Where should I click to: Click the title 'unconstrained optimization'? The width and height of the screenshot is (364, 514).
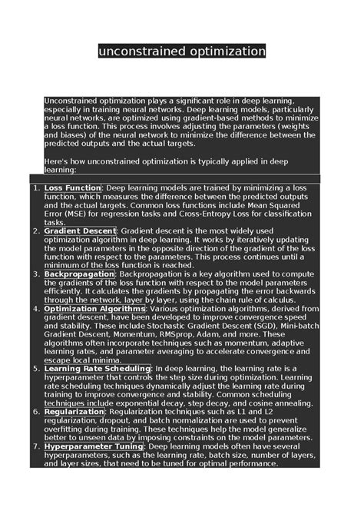pyautogui.click(x=182, y=51)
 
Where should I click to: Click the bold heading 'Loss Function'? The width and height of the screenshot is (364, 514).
pyautogui.click(x=72, y=187)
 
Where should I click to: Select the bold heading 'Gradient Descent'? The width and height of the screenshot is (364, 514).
pyautogui.click(x=80, y=230)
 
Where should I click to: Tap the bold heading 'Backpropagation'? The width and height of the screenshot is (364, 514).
pyautogui.click(x=80, y=274)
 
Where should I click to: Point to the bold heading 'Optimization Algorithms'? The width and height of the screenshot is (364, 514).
pyautogui.click(x=94, y=308)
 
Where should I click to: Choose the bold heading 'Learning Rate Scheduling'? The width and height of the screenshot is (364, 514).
pyautogui.click(x=97, y=368)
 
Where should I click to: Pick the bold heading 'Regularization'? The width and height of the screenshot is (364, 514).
pyautogui.click(x=74, y=411)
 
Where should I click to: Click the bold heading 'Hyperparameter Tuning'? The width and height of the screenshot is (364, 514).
pyautogui.click(x=94, y=446)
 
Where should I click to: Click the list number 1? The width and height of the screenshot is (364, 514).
pyautogui.click(x=35, y=187)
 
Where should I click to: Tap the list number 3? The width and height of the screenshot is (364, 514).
pyautogui.click(x=35, y=274)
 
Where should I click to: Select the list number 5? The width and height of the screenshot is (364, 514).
pyautogui.click(x=35, y=368)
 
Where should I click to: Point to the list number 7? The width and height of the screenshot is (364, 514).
pyautogui.click(x=35, y=446)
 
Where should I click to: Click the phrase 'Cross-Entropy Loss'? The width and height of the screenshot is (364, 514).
pyautogui.click(x=219, y=214)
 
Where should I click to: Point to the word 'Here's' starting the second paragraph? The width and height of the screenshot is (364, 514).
pyautogui.click(x=58, y=161)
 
